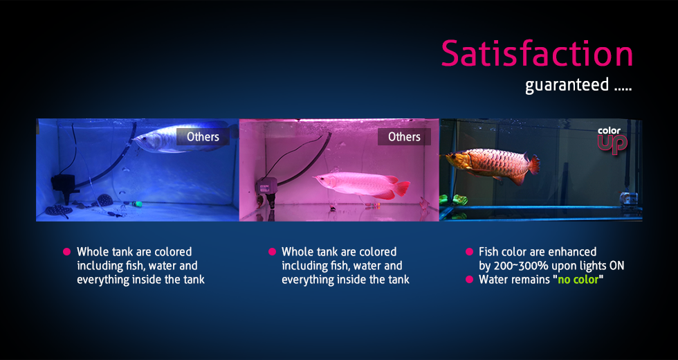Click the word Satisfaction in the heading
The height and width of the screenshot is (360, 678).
coord(537,54)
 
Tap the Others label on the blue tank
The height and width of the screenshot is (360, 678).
coord(203,136)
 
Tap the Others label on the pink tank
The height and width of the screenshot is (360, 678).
coord(404,136)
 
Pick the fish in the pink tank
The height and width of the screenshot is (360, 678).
coord(356,186)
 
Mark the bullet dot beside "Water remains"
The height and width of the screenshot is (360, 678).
coord(469,280)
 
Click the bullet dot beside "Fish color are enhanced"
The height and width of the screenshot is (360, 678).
coord(469,252)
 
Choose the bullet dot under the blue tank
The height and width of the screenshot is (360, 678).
coord(67,252)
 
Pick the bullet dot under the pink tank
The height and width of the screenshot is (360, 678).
coord(272,252)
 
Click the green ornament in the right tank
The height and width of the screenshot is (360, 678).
coord(454,200)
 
